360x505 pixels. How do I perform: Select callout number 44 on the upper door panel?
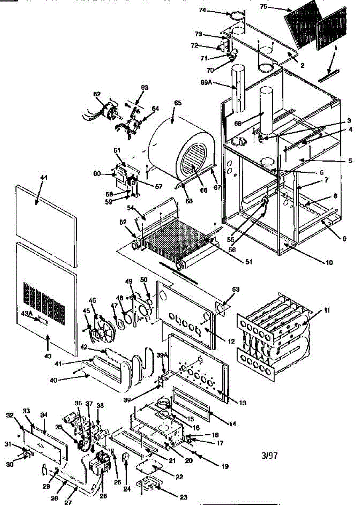[44, 178]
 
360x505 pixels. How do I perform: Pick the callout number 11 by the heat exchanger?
[327, 310]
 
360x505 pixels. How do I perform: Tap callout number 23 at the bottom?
[183, 497]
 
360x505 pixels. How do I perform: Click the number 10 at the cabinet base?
[328, 263]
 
